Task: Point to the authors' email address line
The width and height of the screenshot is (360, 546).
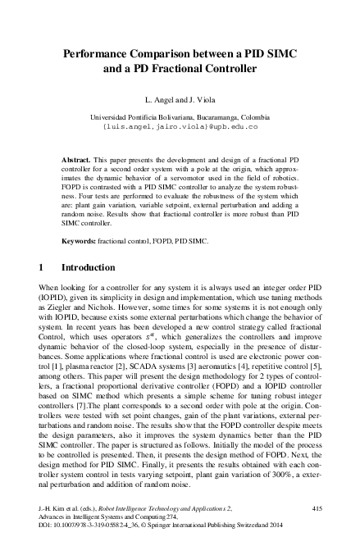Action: pos(180,128)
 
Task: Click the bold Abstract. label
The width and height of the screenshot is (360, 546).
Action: pos(79,154)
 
